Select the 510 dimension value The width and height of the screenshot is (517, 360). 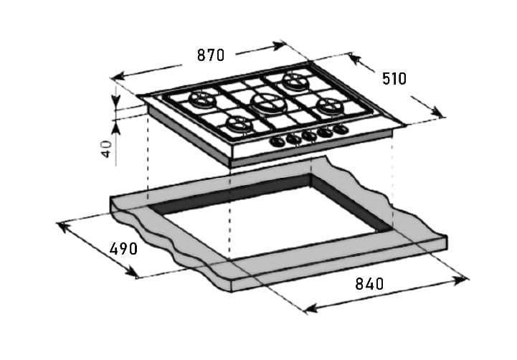[x=393, y=79]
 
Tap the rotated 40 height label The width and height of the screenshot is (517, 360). [x=106, y=148]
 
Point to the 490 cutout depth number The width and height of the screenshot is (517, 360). [x=123, y=250]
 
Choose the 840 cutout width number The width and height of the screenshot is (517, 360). [x=369, y=283]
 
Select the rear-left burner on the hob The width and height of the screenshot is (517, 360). [x=201, y=100]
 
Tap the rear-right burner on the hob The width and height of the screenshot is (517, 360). [x=294, y=80]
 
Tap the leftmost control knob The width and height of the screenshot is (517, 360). [x=276, y=141]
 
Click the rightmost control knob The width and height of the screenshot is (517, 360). [x=341, y=130]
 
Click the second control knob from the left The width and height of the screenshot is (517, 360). [x=292, y=138]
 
